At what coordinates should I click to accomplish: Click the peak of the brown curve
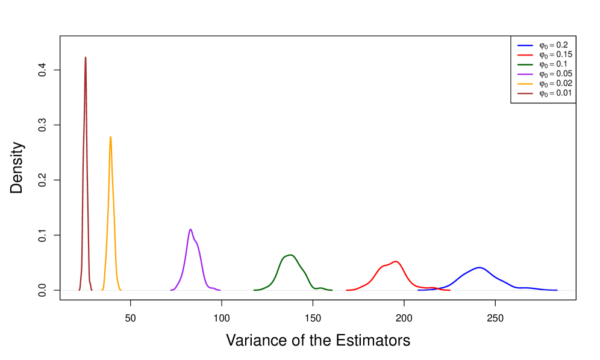(x=86, y=58)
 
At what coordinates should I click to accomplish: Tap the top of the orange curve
(x=110, y=137)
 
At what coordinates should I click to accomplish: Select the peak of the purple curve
(x=190, y=229)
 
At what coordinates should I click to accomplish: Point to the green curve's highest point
(x=290, y=255)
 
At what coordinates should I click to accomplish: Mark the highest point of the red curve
(x=396, y=261)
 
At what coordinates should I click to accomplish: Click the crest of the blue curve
(x=479, y=267)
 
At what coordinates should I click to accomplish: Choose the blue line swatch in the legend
(x=525, y=46)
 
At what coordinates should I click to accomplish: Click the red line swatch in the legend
(x=525, y=55)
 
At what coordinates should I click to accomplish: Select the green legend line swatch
(x=525, y=64)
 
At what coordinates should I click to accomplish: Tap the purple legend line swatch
(x=525, y=74)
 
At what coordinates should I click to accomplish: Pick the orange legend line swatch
(x=525, y=84)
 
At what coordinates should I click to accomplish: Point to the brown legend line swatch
(x=525, y=93)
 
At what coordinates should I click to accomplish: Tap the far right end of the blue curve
(x=557, y=290)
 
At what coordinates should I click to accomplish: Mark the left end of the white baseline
(x=61, y=290)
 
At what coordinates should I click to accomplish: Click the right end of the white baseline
(x=575, y=290)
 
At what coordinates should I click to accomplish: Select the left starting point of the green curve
(x=254, y=290)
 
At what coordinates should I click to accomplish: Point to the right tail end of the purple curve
(x=220, y=290)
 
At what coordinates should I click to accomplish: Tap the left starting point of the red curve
(x=346, y=290)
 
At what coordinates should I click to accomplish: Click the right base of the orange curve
(x=121, y=290)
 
